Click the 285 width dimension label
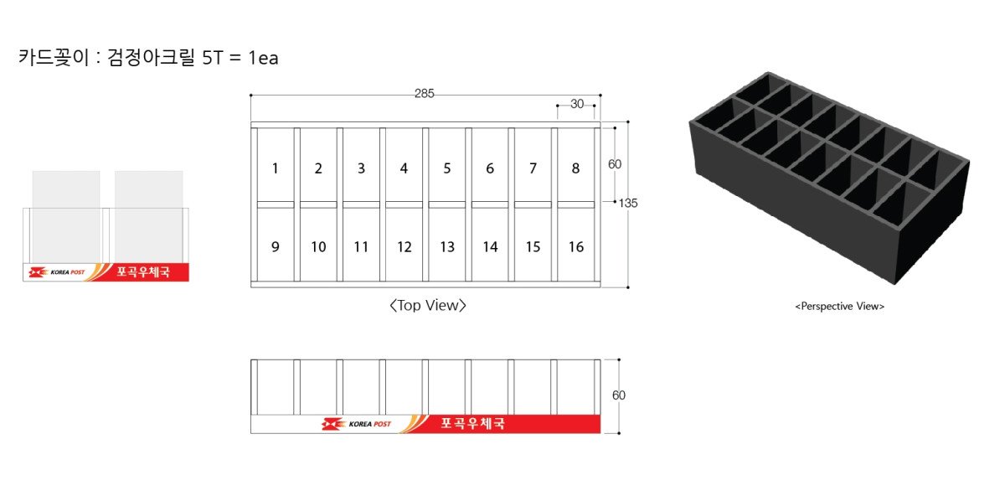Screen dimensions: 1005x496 click(424, 93)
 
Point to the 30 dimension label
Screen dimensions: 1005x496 click(577, 104)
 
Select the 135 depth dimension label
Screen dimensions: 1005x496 click(628, 204)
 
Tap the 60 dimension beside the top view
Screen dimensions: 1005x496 click(615, 164)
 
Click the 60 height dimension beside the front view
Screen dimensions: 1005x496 click(619, 395)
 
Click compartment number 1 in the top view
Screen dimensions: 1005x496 click(275, 168)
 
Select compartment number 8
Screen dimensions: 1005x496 click(575, 168)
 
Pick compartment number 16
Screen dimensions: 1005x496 click(576, 247)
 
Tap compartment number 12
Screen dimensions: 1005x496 click(405, 247)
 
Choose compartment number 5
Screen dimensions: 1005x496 click(447, 168)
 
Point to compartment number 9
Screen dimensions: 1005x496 click(276, 247)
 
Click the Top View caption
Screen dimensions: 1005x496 click(428, 306)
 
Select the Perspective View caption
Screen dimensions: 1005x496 click(839, 307)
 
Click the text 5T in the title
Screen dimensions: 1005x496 click(212, 58)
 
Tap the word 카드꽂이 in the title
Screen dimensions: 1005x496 click(54, 58)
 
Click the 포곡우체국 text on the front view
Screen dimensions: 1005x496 click(473, 423)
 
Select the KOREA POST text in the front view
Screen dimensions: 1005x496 click(369, 424)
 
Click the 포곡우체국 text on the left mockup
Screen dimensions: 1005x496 click(143, 272)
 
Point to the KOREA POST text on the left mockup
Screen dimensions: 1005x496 click(67, 272)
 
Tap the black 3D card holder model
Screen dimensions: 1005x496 click(829, 178)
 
